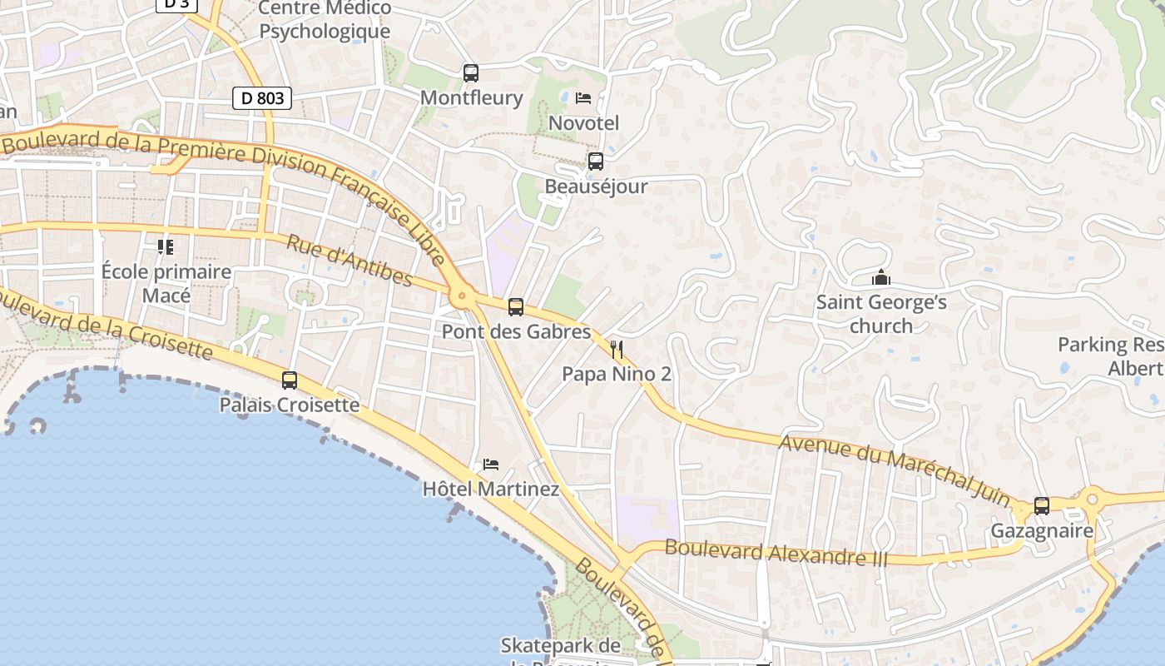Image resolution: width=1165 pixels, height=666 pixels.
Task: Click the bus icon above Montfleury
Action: tap(471, 73)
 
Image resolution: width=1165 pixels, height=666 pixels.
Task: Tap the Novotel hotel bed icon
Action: tap(583, 98)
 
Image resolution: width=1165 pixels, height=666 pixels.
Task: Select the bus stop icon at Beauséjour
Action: tap(595, 162)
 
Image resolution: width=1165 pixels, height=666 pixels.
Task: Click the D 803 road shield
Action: tap(262, 98)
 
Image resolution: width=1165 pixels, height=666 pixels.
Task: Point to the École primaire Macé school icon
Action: tap(166, 246)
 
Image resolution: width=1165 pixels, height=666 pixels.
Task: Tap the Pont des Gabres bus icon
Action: tap(516, 307)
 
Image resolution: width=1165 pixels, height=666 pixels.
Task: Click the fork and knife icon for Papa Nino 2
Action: tap(617, 349)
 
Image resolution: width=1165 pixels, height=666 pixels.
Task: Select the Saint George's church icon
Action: tap(880, 277)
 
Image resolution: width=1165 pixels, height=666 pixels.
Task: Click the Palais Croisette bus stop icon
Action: tap(290, 380)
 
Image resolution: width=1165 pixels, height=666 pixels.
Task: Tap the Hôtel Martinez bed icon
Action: tap(491, 464)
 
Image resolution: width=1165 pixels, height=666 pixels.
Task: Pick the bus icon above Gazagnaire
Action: tap(1041, 505)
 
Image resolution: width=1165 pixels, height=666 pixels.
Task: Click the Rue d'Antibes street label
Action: tap(349, 261)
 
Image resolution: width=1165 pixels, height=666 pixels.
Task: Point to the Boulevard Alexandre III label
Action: tap(776, 553)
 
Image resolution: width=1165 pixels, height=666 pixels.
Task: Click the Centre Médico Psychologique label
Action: tap(325, 20)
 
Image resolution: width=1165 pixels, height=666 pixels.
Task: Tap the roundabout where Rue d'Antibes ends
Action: tap(461, 296)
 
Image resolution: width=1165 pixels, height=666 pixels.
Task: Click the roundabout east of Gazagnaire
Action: tap(1092, 499)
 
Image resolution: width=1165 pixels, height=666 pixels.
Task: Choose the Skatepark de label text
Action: tap(560, 645)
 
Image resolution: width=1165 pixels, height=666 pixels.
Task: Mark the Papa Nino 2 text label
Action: tap(617, 374)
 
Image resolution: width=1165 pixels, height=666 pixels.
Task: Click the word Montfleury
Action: tap(471, 97)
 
